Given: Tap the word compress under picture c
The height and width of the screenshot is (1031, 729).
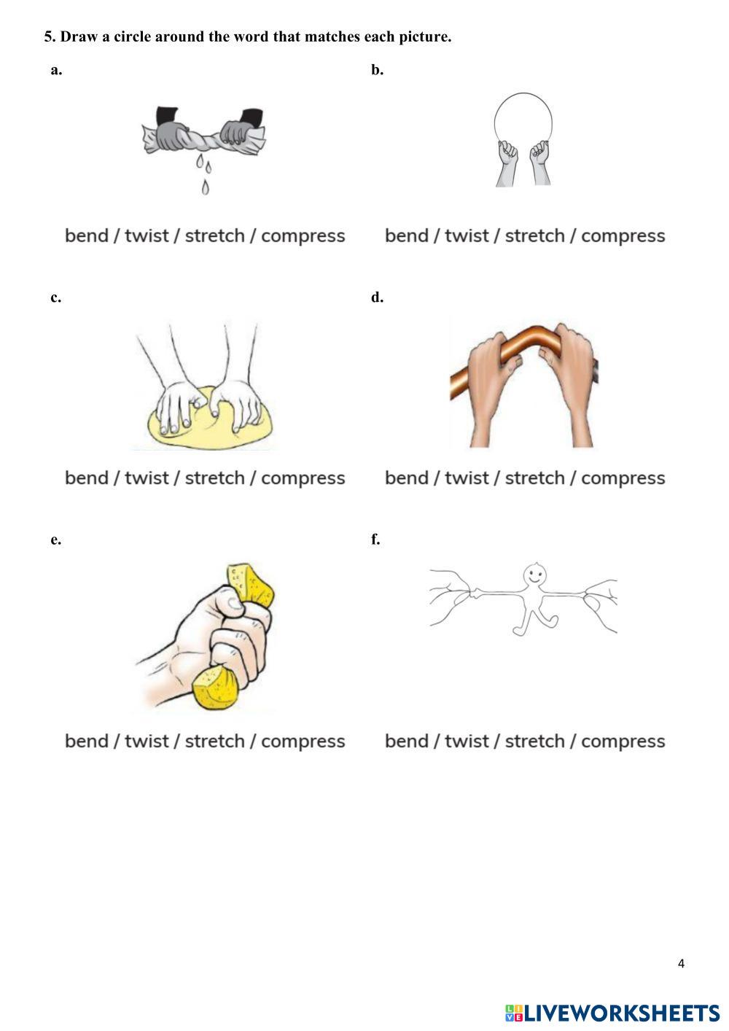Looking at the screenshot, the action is (x=303, y=478).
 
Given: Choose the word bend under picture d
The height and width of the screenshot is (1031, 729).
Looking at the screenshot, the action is (x=406, y=478).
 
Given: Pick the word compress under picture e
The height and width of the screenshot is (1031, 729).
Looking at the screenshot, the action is (x=303, y=742).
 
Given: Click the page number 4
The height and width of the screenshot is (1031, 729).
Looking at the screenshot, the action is (x=681, y=964).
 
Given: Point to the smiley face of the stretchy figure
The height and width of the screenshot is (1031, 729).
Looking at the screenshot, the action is (x=535, y=574).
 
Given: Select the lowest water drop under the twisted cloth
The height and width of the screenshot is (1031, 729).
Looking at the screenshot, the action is (x=205, y=188).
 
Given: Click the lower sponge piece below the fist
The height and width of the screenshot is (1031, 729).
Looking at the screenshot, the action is (x=217, y=688).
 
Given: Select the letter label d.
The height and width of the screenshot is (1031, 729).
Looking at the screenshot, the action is (x=377, y=297).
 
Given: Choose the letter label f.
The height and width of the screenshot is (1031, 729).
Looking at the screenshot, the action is (x=375, y=540).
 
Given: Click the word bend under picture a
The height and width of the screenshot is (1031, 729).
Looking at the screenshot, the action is (x=86, y=236).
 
